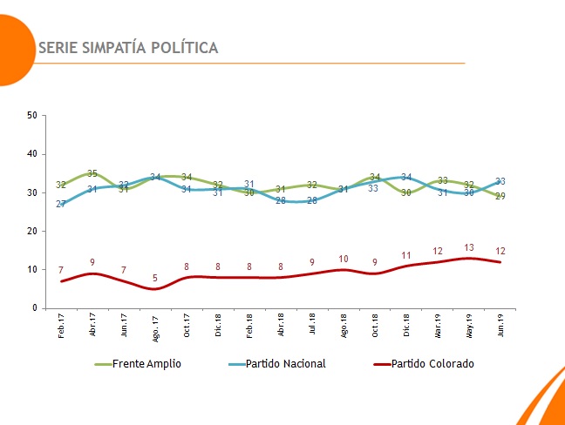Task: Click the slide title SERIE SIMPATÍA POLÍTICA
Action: coord(128,47)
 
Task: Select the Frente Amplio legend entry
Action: coord(146,363)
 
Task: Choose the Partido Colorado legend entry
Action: coord(432,363)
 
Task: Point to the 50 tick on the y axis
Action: coord(31,115)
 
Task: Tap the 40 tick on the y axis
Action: coord(31,154)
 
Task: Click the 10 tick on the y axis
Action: coord(31,270)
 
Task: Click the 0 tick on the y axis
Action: coord(34,308)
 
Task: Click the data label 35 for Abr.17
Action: coord(92,173)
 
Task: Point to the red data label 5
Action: coord(155,279)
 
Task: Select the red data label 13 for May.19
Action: coord(469,247)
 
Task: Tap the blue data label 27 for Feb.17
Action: coord(61,204)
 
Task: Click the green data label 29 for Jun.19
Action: coord(500,196)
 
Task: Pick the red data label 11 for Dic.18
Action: coord(406,255)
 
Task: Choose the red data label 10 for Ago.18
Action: coord(344,259)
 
